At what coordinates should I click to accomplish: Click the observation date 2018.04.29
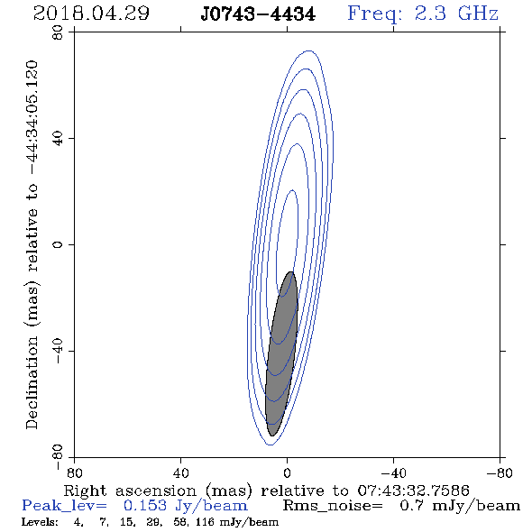coord(91,14)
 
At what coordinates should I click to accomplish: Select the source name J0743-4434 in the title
coord(258,14)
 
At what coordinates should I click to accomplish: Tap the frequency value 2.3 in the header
coord(430,14)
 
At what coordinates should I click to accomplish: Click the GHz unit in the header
coord(478,14)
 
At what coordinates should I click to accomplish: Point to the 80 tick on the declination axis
coord(58,32)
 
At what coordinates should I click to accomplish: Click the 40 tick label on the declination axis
coord(58,139)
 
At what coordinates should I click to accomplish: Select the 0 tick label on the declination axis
coord(58,244)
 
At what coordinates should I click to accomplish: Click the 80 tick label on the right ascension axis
coord(74,472)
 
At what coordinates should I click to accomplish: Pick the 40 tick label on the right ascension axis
coord(180,472)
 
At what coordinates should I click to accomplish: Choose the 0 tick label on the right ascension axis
coord(287,472)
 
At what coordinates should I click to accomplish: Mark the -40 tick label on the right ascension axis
coord(393,472)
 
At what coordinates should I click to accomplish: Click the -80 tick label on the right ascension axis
coord(500,472)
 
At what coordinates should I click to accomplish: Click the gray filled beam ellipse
coord(281,353)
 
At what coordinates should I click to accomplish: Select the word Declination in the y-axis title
coord(32,383)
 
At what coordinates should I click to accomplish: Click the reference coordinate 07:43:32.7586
coord(414,491)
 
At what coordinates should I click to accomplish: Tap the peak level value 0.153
coord(145,506)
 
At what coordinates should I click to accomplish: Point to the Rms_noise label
coord(333,506)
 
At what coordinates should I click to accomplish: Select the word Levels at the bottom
coord(40,522)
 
